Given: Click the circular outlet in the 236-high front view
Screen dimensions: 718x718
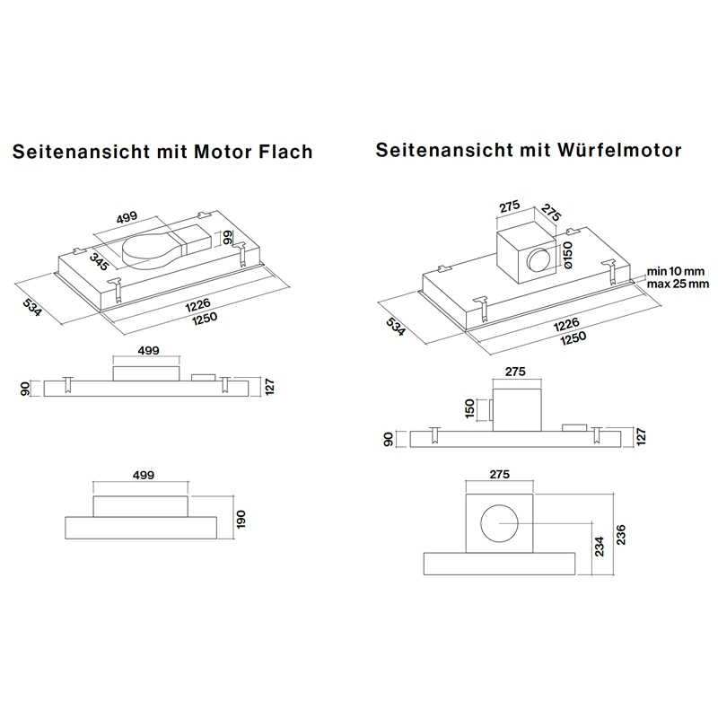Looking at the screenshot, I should tap(498, 525).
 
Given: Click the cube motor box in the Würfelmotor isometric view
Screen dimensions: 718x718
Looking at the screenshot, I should tap(530, 254).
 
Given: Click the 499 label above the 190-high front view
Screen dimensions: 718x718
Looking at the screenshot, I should tap(142, 474).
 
